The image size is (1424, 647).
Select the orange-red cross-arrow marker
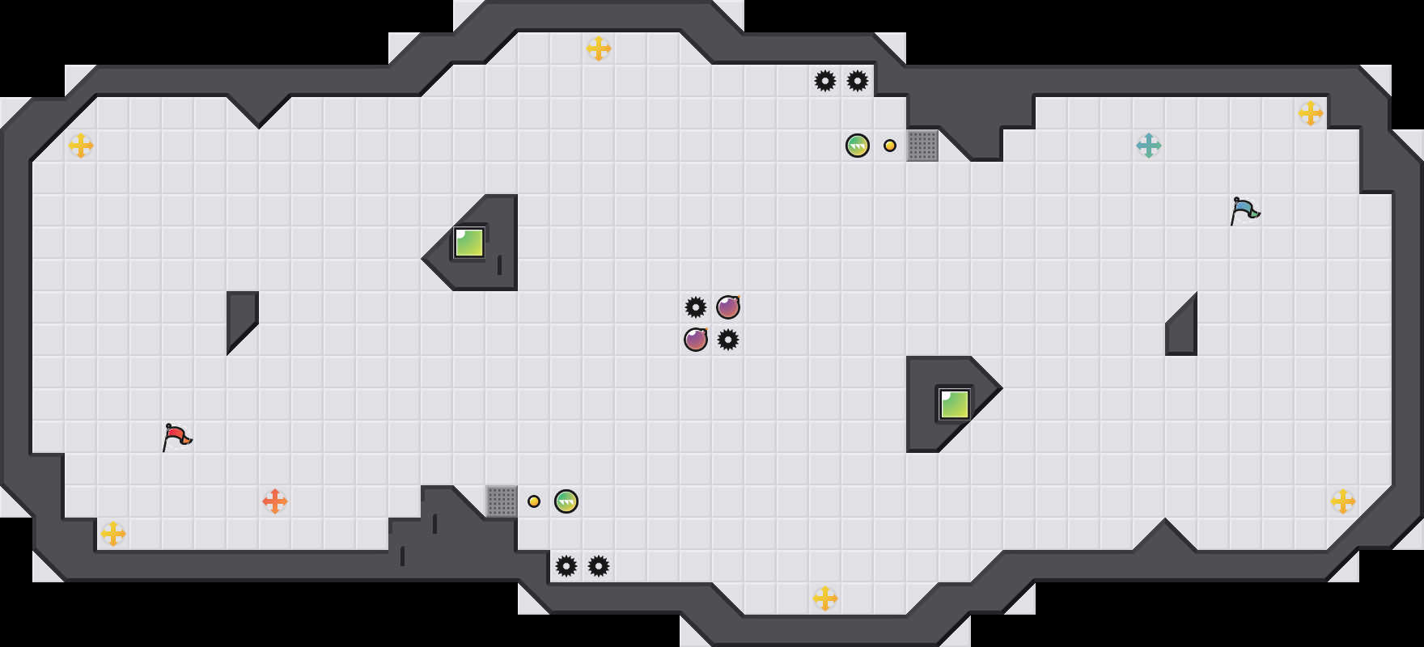tap(275, 501)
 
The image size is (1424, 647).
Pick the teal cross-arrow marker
tap(1149, 146)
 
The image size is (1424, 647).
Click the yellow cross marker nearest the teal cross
tap(1311, 113)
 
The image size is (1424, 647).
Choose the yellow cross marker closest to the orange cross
tap(113, 534)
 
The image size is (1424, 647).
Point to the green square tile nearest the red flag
tap(469, 243)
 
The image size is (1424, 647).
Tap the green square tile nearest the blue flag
tap(955, 404)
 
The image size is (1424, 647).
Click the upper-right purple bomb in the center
tap(728, 307)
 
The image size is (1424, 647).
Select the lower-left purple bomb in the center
tap(696, 340)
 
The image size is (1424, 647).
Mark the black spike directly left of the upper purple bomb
tap(696, 307)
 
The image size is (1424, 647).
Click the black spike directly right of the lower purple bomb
tap(728, 340)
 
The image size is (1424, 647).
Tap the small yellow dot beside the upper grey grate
tap(890, 146)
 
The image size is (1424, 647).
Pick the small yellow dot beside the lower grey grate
tap(534, 501)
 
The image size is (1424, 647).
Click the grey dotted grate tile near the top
tap(922, 146)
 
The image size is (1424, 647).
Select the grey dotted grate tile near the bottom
tap(502, 501)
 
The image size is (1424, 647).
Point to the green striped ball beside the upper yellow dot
tap(858, 146)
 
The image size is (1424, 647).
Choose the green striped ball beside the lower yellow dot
tap(566, 501)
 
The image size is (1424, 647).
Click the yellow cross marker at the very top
tap(599, 49)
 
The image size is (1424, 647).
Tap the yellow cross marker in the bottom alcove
tap(825, 598)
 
